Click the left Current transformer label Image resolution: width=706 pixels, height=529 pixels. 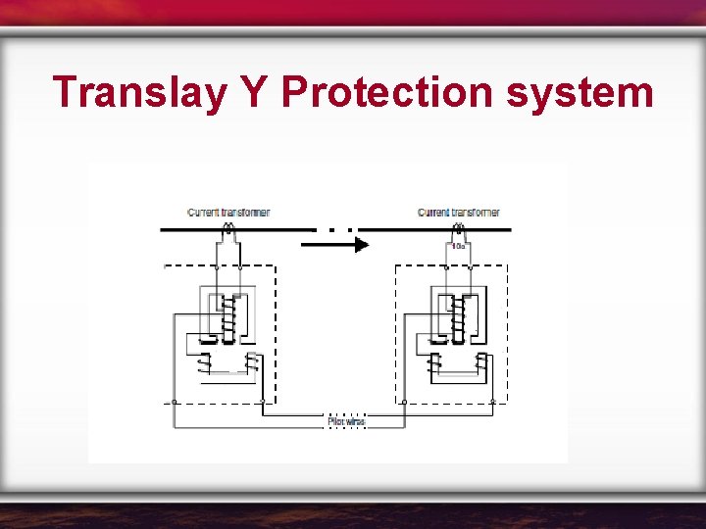click(x=228, y=213)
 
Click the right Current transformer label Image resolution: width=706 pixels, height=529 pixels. click(x=459, y=213)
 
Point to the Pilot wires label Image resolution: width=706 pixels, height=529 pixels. click(x=345, y=421)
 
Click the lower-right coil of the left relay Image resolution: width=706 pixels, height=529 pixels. click(x=252, y=363)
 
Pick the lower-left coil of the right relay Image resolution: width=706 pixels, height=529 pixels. click(x=433, y=363)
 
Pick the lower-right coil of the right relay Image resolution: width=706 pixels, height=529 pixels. click(x=480, y=363)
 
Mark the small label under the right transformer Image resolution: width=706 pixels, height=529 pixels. click(x=458, y=247)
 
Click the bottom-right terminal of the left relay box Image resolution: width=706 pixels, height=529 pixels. click(x=262, y=402)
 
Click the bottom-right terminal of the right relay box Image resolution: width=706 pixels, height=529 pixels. click(x=491, y=402)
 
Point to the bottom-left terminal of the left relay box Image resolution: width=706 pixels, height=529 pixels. click(x=174, y=402)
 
